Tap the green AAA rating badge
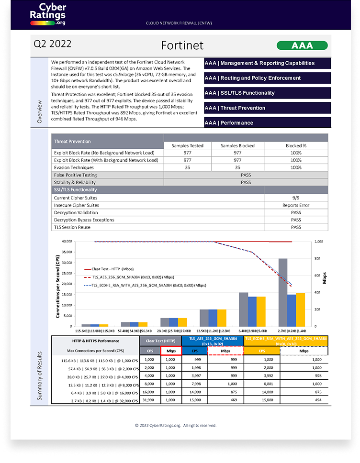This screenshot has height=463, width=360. [x=302, y=46]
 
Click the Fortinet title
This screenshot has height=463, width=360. [x=182, y=45]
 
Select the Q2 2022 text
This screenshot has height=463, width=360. [x=53, y=44]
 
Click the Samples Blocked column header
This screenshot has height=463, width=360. [x=237, y=145]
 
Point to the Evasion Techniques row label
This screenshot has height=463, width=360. [x=74, y=167]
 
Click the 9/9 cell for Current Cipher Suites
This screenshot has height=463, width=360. [x=296, y=198]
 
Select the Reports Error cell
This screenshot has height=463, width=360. [x=296, y=205]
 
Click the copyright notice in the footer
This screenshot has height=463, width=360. [x=176, y=425]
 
